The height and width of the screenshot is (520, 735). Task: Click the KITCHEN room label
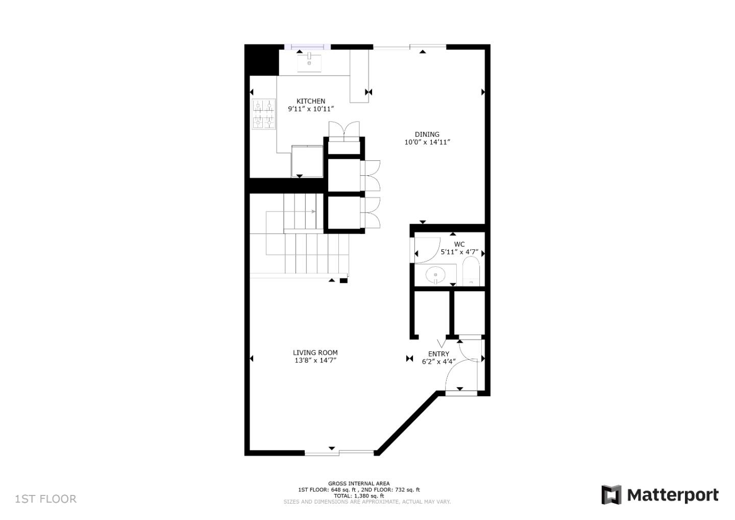tap(311, 101)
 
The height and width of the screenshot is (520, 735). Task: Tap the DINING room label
tap(427, 134)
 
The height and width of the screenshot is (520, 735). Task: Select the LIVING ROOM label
tap(315, 352)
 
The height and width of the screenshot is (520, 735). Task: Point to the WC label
tap(459, 244)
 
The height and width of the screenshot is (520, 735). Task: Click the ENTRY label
tap(438, 354)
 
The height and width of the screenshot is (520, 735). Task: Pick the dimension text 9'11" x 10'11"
tap(311, 109)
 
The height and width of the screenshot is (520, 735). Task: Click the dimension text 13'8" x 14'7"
tap(315, 360)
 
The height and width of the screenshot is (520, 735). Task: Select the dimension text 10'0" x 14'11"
tap(427, 142)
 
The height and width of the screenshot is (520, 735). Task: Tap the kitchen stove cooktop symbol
tap(263, 114)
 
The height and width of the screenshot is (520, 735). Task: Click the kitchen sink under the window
tap(309, 62)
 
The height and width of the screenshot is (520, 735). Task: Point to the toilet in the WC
tap(471, 271)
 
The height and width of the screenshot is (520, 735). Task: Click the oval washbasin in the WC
tap(435, 275)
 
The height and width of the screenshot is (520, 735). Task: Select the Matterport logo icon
tap(611, 495)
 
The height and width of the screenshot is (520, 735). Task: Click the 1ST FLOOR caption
tap(45, 499)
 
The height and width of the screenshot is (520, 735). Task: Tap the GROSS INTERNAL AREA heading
tap(359, 483)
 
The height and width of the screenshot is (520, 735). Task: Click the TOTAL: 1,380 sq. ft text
tap(359, 495)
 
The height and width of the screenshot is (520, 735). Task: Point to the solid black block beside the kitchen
tap(261, 60)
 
